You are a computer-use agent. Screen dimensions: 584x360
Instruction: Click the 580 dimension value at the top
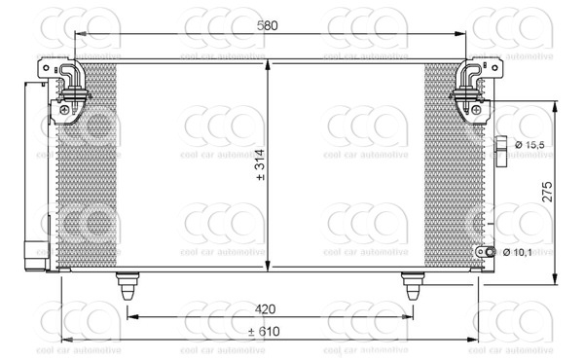click(267, 25)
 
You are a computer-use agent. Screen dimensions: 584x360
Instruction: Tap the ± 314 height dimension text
click(260, 165)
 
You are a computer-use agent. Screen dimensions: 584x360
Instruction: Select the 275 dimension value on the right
click(546, 192)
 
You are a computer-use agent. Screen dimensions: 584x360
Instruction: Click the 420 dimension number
click(265, 308)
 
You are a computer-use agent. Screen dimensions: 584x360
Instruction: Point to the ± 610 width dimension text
click(264, 331)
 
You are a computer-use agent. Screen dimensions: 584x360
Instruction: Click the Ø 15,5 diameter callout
click(529, 145)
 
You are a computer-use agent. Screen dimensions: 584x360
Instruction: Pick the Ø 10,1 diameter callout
click(518, 253)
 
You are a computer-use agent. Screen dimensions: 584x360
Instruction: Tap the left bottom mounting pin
click(128, 285)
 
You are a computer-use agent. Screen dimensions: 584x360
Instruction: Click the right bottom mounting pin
click(413, 285)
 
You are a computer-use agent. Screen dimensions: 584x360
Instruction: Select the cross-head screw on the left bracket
click(64, 110)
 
